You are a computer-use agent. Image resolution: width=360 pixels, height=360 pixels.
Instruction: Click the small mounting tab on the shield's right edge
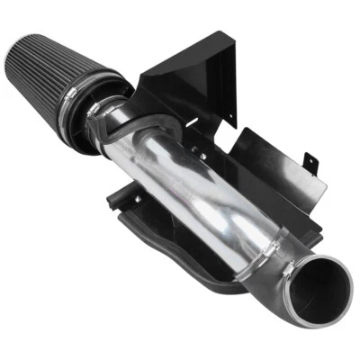(x=311, y=161)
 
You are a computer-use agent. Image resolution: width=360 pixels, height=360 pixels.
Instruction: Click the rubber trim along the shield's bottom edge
(x=180, y=252)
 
